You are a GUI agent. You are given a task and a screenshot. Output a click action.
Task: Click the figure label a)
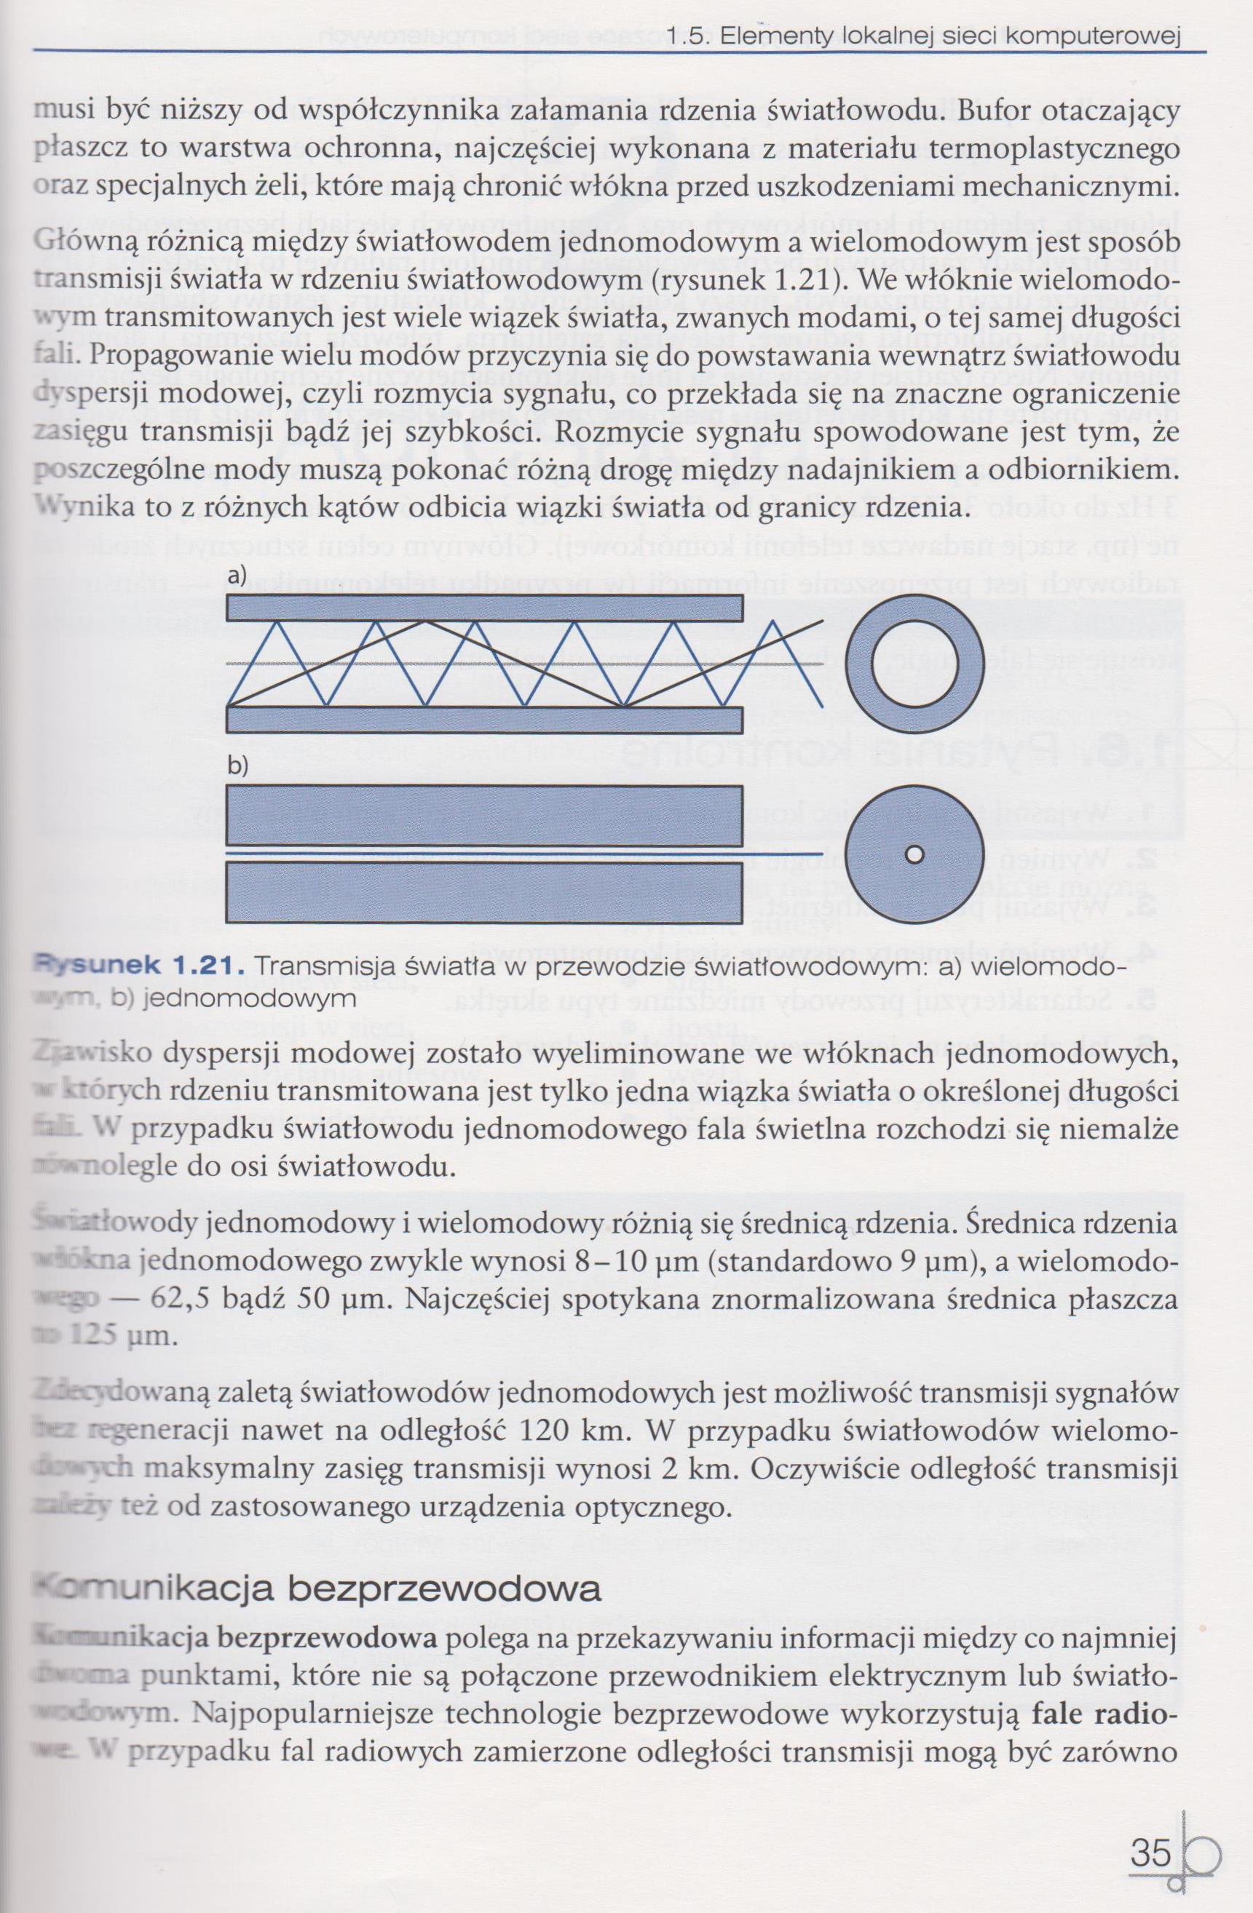click(236, 576)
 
